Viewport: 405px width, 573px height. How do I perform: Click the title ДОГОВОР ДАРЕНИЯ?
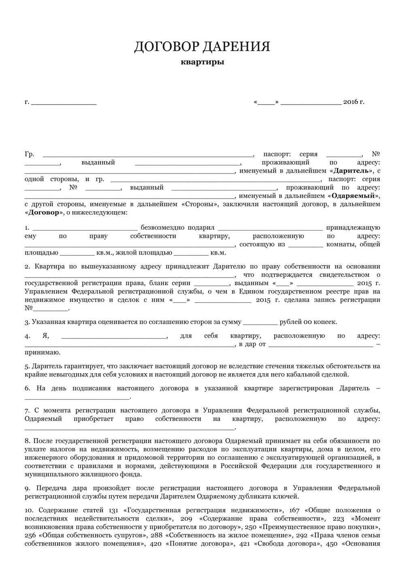coord(202,46)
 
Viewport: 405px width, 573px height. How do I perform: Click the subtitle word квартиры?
coord(202,62)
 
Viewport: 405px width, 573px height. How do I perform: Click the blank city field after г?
coord(64,102)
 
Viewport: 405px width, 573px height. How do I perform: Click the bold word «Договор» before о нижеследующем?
coord(44,213)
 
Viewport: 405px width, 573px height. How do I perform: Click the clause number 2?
coord(27,267)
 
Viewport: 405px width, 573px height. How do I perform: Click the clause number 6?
coord(27,388)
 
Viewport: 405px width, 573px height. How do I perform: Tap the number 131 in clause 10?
coord(115,510)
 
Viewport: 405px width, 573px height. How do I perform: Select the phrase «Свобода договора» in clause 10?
coord(286,544)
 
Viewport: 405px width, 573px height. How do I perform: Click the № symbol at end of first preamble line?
coord(376,154)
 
